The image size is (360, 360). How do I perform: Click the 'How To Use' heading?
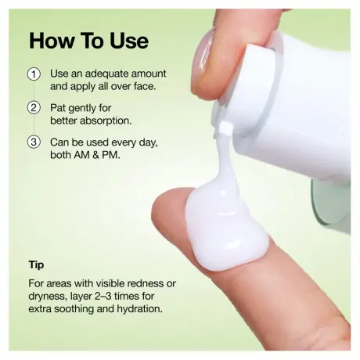click(x=88, y=40)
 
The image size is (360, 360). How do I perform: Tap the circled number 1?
click(x=34, y=74)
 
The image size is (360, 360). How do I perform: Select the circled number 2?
click(x=34, y=108)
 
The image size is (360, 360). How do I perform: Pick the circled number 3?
click(x=34, y=142)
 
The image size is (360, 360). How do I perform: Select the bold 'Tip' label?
click(x=36, y=265)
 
